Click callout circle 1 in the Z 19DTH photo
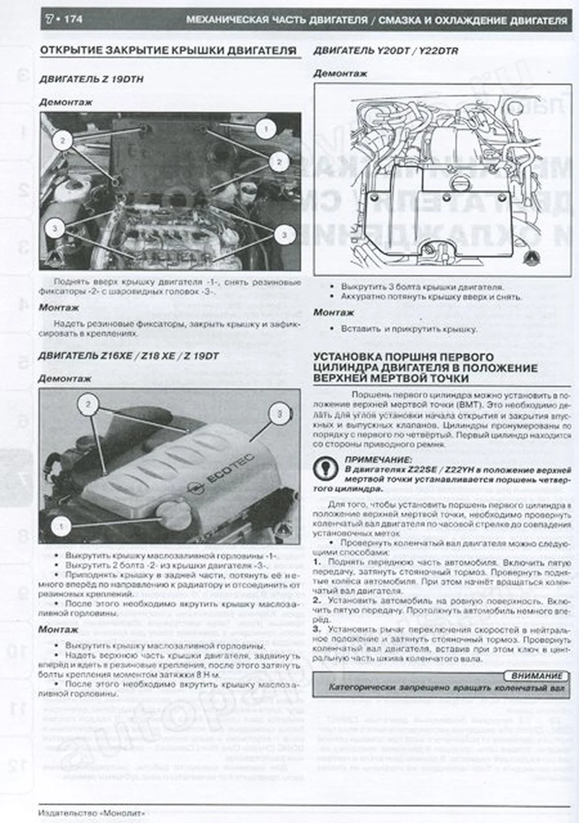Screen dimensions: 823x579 click(x=266, y=129)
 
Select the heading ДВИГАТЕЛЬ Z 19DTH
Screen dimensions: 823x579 click(x=91, y=79)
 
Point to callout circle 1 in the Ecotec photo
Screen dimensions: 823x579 click(x=61, y=527)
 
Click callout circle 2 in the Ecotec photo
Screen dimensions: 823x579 click(x=88, y=404)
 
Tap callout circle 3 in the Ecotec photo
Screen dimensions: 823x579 click(x=279, y=414)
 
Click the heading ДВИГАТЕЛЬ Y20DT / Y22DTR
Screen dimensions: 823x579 click(x=385, y=51)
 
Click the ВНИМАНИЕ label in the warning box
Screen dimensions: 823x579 click(x=537, y=676)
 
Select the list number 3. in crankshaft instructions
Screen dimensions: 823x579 click(x=317, y=629)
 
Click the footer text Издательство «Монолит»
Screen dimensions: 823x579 click(x=92, y=813)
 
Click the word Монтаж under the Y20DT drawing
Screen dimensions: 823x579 click(x=334, y=313)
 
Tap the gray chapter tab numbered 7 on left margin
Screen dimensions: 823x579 click(x=19, y=479)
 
